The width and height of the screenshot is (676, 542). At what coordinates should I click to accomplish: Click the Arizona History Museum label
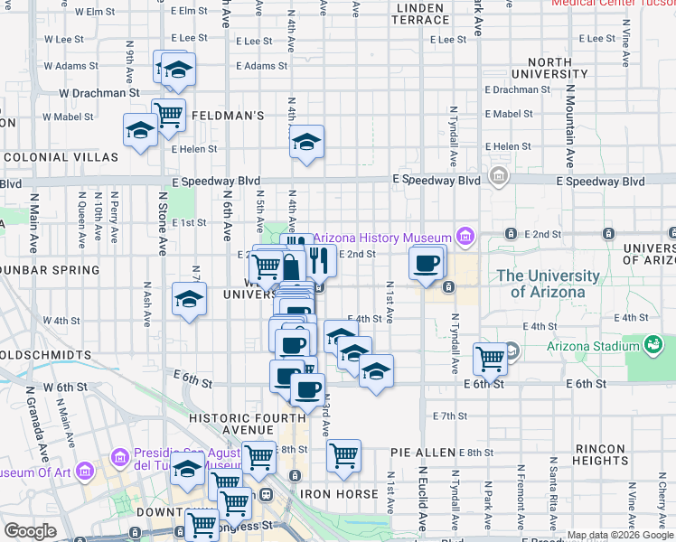click(382, 238)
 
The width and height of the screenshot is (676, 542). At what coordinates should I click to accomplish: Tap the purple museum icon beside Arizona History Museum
click(465, 238)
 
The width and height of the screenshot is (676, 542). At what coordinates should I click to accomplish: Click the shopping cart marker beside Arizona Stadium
click(490, 358)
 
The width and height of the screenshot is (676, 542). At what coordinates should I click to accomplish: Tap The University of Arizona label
click(548, 284)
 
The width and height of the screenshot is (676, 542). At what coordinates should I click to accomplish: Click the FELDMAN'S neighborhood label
click(227, 116)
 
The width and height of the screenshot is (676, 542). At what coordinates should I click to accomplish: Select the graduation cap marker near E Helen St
click(306, 143)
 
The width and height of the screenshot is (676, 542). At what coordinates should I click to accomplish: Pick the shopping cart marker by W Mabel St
click(168, 115)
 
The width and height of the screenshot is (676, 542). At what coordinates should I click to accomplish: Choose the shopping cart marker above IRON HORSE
click(343, 456)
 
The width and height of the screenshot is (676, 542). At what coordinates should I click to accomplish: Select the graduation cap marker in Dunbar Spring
click(188, 300)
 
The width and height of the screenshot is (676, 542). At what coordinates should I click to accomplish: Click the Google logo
click(30, 531)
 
